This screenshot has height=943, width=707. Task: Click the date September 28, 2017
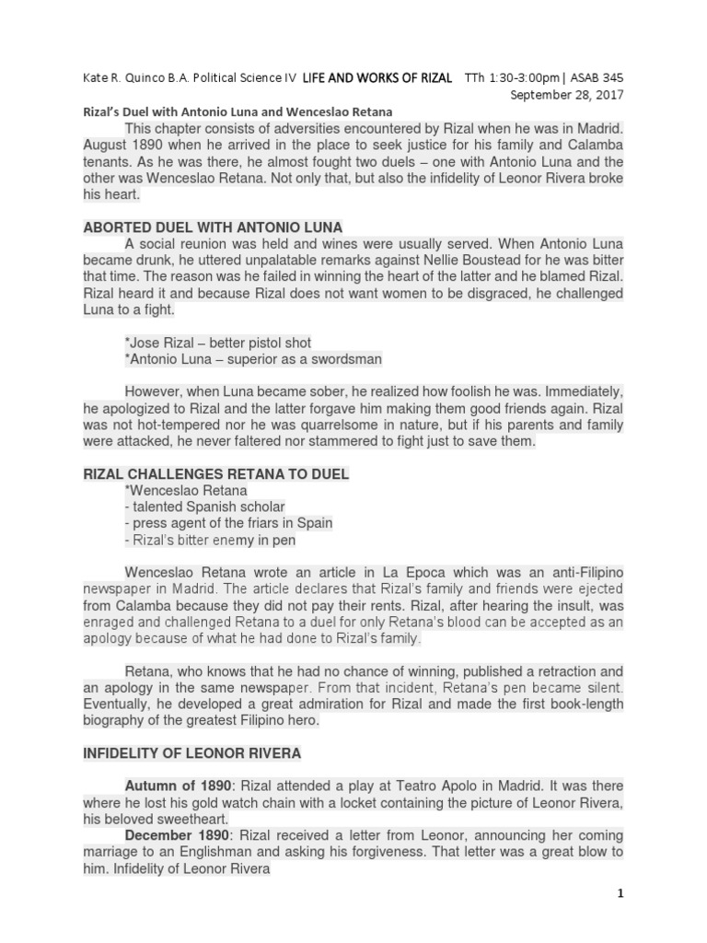click(x=568, y=95)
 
